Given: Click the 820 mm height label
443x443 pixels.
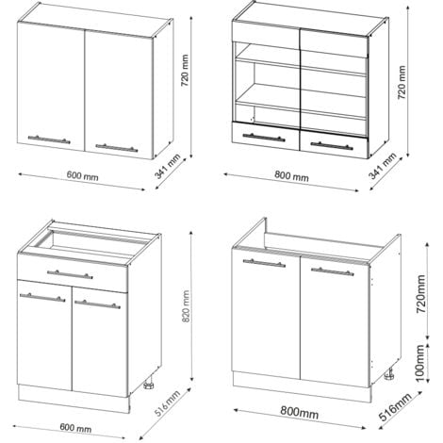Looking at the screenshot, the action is [186, 306].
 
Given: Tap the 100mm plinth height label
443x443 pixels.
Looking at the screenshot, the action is [420, 363].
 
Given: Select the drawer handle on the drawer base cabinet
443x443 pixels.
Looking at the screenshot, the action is [70, 274].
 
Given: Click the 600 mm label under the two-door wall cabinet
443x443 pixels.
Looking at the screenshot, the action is [82, 176].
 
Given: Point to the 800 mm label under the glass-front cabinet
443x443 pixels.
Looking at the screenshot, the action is [291, 176].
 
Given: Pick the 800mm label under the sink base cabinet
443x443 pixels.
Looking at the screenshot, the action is [300, 413].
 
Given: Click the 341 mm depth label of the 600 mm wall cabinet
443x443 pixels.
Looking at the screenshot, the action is [168, 167].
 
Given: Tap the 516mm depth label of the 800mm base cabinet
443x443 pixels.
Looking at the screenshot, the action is [396, 407].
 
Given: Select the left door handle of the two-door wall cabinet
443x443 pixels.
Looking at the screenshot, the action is [49, 139].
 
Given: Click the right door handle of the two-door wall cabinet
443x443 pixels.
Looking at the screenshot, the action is [117, 148].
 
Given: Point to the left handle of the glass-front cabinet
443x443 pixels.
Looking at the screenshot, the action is [264, 138].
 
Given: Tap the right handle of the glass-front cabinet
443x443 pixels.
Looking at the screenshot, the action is [332, 146].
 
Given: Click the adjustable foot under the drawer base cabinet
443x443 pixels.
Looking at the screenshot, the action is [148, 384].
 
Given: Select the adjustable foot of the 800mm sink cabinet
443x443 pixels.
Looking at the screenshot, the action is [389, 373].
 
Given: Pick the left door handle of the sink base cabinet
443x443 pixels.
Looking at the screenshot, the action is [264, 263].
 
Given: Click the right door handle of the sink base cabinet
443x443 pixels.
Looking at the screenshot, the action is [333, 271].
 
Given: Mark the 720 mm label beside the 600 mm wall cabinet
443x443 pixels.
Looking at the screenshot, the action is [185, 71].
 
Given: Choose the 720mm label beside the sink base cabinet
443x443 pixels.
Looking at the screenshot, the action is [420, 294].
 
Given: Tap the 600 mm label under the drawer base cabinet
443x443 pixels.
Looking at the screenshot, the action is [75, 428].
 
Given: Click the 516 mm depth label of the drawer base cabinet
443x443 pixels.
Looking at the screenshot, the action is [168, 403].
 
